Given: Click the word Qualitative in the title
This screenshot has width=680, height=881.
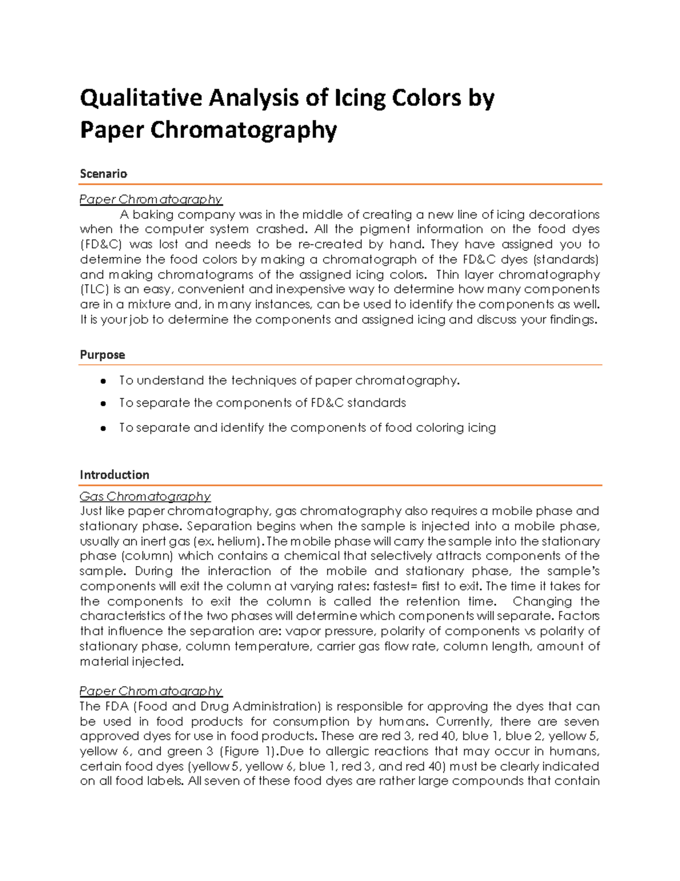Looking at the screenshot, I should (x=141, y=98).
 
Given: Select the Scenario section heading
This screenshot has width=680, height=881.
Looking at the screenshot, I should (x=103, y=174).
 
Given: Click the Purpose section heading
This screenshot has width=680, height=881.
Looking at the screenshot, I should (x=102, y=355).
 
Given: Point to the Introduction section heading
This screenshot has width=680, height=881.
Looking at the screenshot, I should (x=114, y=475).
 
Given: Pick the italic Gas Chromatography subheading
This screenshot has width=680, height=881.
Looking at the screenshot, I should (x=144, y=496).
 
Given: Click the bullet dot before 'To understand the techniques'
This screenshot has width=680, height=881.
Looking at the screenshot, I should (x=103, y=381).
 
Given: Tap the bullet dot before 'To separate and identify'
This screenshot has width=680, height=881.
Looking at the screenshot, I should (x=103, y=428).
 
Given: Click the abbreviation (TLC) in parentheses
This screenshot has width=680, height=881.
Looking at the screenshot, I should (x=94, y=289).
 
